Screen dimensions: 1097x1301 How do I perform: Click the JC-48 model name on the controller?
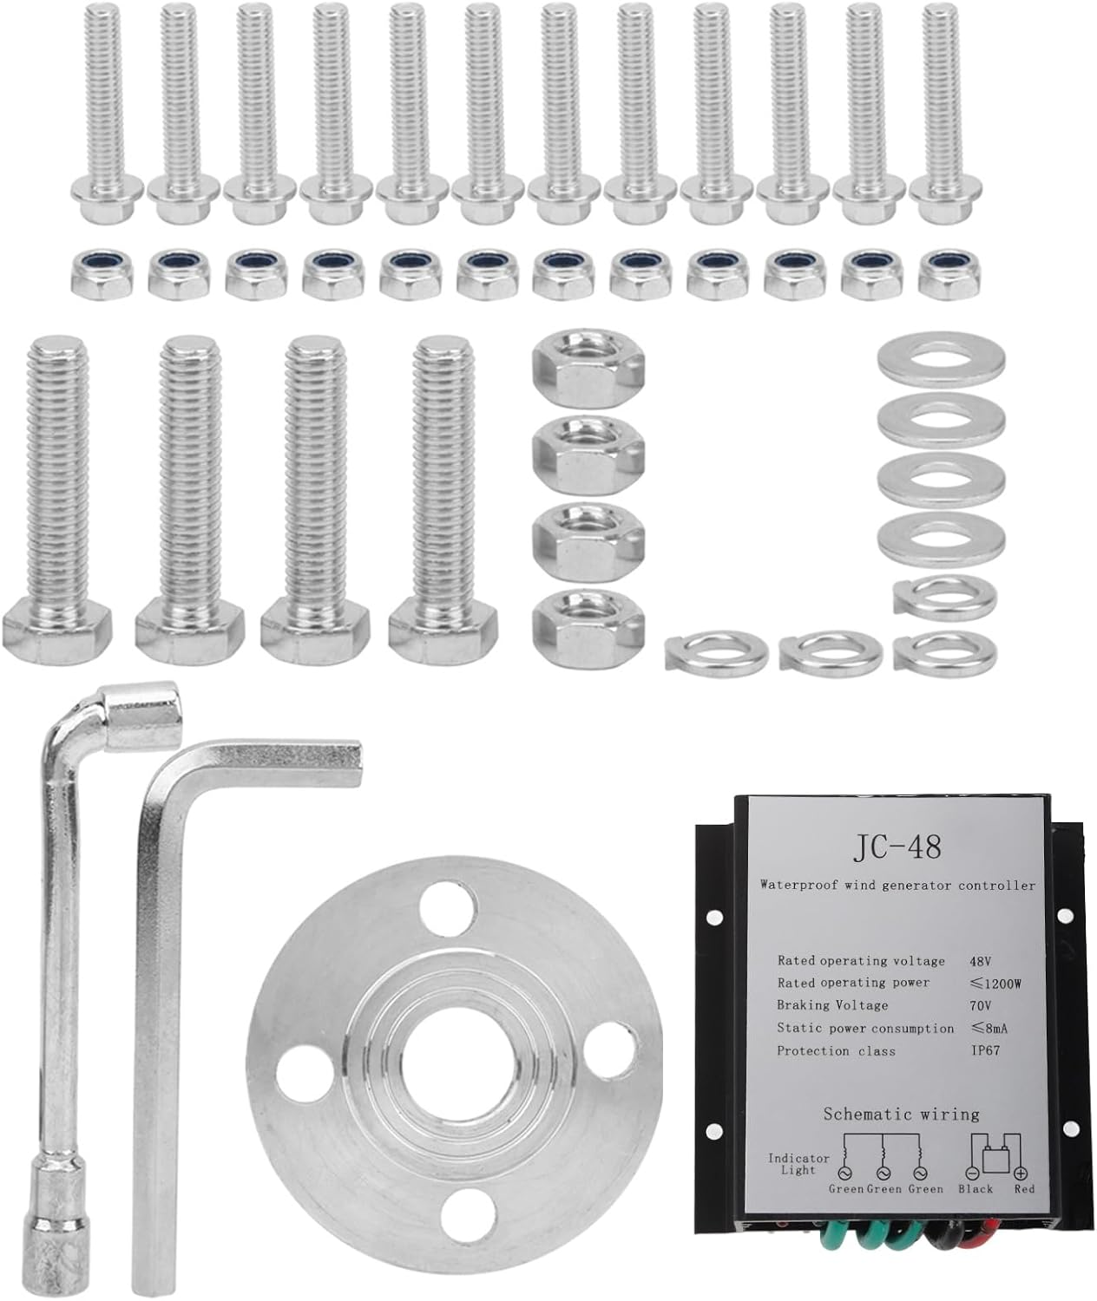tap(897, 847)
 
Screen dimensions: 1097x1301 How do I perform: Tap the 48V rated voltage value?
tap(981, 961)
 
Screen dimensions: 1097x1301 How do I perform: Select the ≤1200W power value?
tap(995, 984)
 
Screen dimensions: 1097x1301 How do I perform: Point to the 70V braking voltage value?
tap(981, 1005)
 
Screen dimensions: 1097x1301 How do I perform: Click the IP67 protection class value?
tap(985, 1050)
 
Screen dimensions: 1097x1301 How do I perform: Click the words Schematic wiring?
tap(901, 1114)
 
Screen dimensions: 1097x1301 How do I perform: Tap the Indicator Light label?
tap(798, 1164)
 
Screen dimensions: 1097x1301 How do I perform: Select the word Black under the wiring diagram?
tap(975, 1189)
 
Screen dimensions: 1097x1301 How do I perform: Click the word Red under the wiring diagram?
tap(1024, 1189)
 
